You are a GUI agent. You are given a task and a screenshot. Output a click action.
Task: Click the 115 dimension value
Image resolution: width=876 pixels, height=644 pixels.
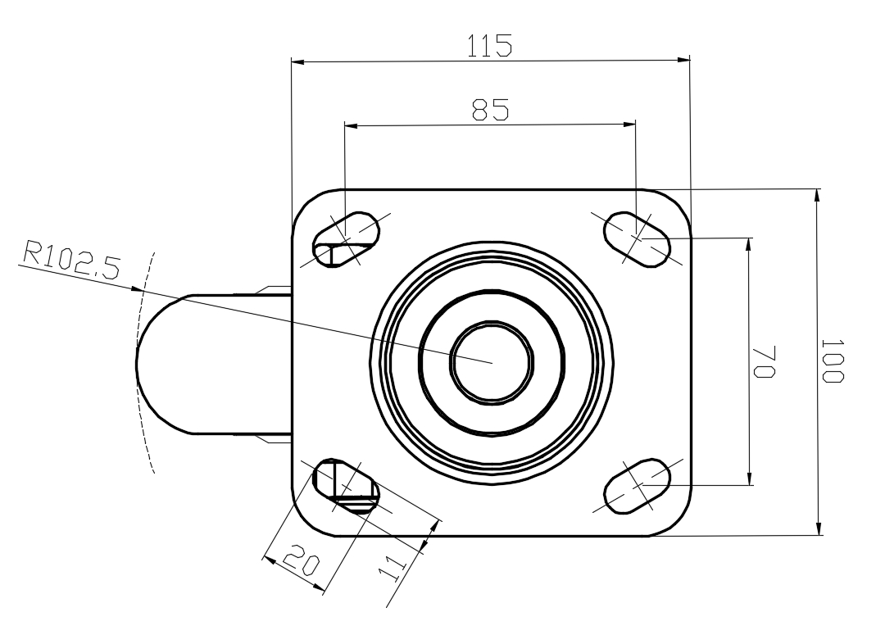(x=489, y=45)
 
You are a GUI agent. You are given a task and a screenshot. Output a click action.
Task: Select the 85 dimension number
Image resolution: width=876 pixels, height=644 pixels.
(x=491, y=110)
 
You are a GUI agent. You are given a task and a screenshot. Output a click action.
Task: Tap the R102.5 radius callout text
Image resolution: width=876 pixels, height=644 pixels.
(x=71, y=261)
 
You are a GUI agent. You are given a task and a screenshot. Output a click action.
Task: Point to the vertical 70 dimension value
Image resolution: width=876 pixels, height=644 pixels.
(x=764, y=362)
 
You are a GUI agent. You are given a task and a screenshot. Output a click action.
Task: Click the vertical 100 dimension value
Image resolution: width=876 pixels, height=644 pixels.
(x=832, y=361)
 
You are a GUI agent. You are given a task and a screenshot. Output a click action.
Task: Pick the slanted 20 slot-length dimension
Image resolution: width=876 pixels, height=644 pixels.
(x=302, y=563)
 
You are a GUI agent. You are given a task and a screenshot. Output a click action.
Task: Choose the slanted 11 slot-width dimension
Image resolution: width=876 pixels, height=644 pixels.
(x=393, y=568)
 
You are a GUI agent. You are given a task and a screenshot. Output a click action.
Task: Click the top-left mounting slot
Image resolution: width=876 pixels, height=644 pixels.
(x=346, y=239)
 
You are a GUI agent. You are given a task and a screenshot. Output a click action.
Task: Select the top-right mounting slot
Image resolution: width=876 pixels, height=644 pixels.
(x=637, y=239)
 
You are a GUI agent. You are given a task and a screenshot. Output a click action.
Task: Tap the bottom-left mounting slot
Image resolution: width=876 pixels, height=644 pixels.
(x=346, y=485)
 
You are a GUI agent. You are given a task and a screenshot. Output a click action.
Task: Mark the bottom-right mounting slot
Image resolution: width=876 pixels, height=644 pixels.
(x=638, y=486)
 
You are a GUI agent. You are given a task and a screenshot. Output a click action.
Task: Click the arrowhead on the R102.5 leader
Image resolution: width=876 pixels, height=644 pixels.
(x=136, y=289)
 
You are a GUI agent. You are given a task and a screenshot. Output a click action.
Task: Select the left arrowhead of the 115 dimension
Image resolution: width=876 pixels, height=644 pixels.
(x=297, y=61)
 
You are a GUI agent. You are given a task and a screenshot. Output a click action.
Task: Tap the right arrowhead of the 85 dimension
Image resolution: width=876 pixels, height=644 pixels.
(x=629, y=125)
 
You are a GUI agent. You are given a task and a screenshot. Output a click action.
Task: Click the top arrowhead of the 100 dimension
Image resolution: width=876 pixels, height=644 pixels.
(x=819, y=196)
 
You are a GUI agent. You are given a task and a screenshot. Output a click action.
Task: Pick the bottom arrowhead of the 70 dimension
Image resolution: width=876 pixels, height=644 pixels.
(x=750, y=478)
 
